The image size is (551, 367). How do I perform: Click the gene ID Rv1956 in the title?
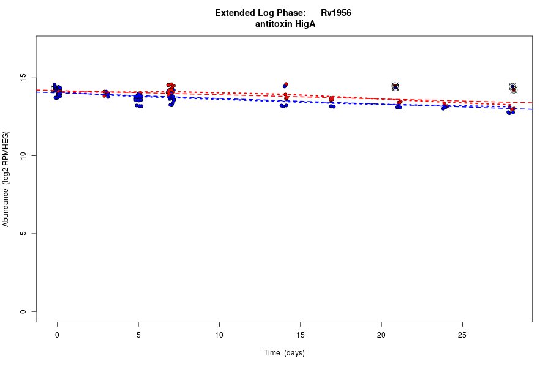335,13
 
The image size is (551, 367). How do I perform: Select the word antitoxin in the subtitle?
274,24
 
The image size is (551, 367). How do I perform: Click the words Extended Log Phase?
260,13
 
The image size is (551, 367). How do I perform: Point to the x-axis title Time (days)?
284,353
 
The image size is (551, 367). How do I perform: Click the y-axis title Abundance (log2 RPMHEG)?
6,179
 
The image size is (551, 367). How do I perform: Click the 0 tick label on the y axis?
23,311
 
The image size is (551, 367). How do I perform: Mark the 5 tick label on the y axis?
23,234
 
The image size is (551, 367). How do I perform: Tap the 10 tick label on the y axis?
23,156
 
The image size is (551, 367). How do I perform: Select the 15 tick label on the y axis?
23,78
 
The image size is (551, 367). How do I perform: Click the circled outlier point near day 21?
395,87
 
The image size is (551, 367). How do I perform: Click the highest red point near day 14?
286,84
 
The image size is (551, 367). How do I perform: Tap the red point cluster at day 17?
331,98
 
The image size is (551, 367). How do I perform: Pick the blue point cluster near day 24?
444,107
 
